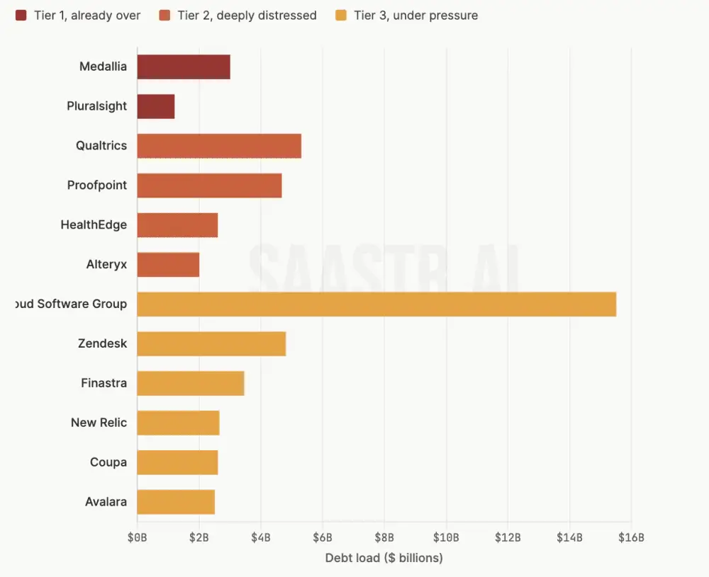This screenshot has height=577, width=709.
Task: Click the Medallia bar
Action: coord(183,67)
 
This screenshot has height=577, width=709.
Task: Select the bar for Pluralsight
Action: coord(155,106)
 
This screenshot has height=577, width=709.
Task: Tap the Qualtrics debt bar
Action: coord(218,146)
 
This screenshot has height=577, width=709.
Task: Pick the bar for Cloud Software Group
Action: coord(376,304)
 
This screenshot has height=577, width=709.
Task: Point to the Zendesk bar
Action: coord(211,343)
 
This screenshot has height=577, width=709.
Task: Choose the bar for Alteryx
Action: coord(167,265)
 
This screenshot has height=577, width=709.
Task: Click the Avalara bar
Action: coord(175,502)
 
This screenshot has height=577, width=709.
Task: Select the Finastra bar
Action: coord(190,383)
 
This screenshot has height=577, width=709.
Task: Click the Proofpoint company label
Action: coord(97,185)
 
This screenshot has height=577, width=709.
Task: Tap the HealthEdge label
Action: coord(94,225)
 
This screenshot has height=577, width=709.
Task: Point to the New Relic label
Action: coord(99,423)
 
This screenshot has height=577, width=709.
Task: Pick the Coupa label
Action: coord(108,462)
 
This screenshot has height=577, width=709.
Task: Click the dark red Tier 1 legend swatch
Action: coord(21,15)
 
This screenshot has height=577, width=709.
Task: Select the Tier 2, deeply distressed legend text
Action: coord(247,15)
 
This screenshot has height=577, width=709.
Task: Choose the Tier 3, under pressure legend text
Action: coord(416,15)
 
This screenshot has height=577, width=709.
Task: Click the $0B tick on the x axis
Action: coord(137,537)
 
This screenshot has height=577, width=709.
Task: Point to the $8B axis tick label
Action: coord(384,537)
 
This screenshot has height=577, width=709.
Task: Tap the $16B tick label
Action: coord(631,537)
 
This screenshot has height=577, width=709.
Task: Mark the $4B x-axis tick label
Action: coord(260,537)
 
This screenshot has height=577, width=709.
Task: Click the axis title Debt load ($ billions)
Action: coord(384,558)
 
